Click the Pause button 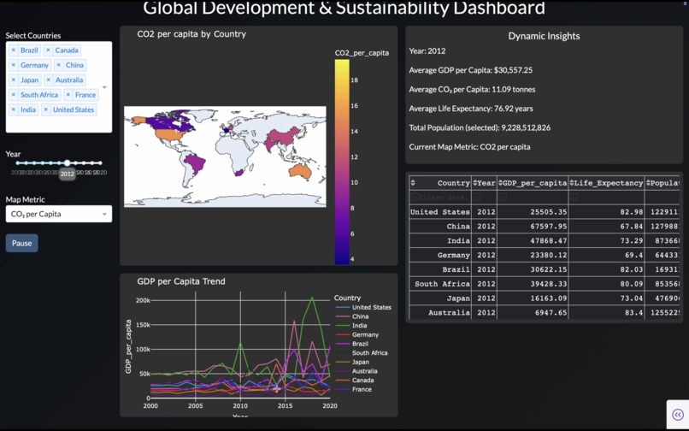pos(21,243)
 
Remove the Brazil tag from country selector pos(14,50)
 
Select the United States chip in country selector pos(73,109)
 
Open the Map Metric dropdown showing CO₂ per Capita pos(58,214)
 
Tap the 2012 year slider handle pos(67,162)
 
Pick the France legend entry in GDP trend pos(362,389)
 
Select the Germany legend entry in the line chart pos(365,334)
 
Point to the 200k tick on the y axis pos(143,301)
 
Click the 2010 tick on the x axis pos(240,406)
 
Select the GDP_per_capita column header pos(535,183)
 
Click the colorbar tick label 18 pos(355,80)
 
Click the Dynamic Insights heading pos(544,36)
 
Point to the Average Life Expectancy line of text pos(471,109)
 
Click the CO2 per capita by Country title pos(191,34)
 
